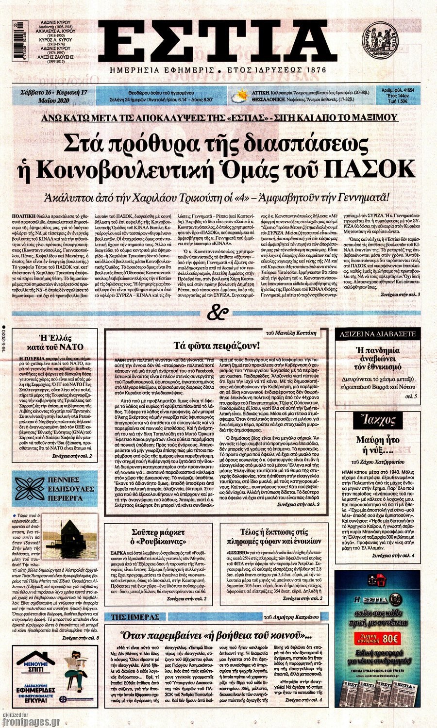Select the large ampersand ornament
[x=218, y=313]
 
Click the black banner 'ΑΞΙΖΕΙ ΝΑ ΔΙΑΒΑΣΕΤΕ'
[x=377, y=334]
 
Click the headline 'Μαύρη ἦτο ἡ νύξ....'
[x=377, y=446]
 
